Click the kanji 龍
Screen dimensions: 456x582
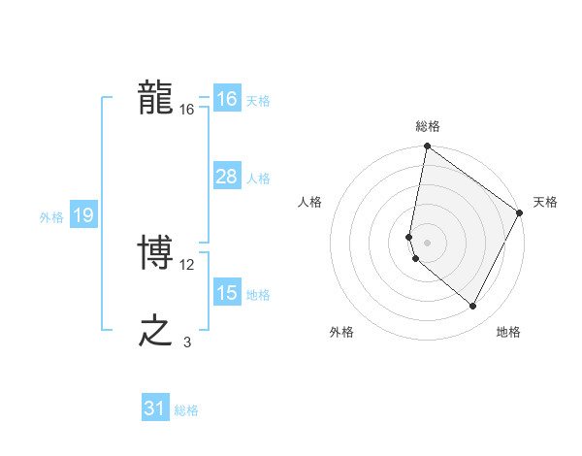[155, 98]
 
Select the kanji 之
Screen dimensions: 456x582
[155, 331]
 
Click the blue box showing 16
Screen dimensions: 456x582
[226, 99]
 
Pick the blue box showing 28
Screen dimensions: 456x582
[226, 177]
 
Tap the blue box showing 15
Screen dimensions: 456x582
[226, 293]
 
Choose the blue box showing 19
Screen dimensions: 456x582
[82, 215]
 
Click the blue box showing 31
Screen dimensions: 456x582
[155, 408]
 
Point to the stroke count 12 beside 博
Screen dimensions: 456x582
[187, 264]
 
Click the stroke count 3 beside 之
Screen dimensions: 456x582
[187, 342]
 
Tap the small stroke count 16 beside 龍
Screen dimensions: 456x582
[187, 110]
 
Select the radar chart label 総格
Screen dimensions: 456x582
[428, 126]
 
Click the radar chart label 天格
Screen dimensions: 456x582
[545, 202]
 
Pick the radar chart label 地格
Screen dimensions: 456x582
[508, 332]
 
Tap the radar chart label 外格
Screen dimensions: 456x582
[341, 332]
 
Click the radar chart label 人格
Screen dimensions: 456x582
[310, 202]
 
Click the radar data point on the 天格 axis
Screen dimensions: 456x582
[520, 212]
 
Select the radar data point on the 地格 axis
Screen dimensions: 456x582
[473, 307]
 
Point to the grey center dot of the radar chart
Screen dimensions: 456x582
[428, 242]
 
